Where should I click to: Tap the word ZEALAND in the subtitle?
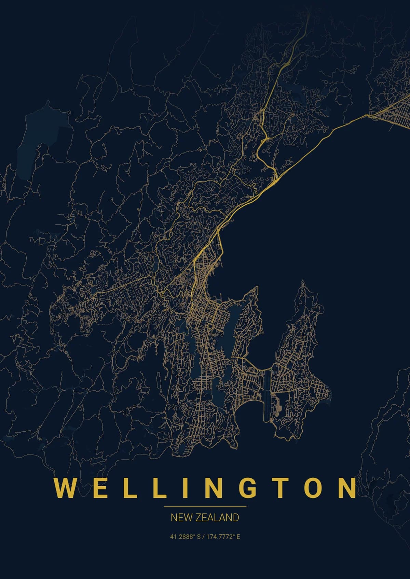coord(217,518)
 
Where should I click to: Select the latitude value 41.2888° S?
coord(185,537)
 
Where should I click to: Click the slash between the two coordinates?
coord(203,537)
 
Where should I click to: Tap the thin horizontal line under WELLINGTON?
coord(205,507)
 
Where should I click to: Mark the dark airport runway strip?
coord(267,396)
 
